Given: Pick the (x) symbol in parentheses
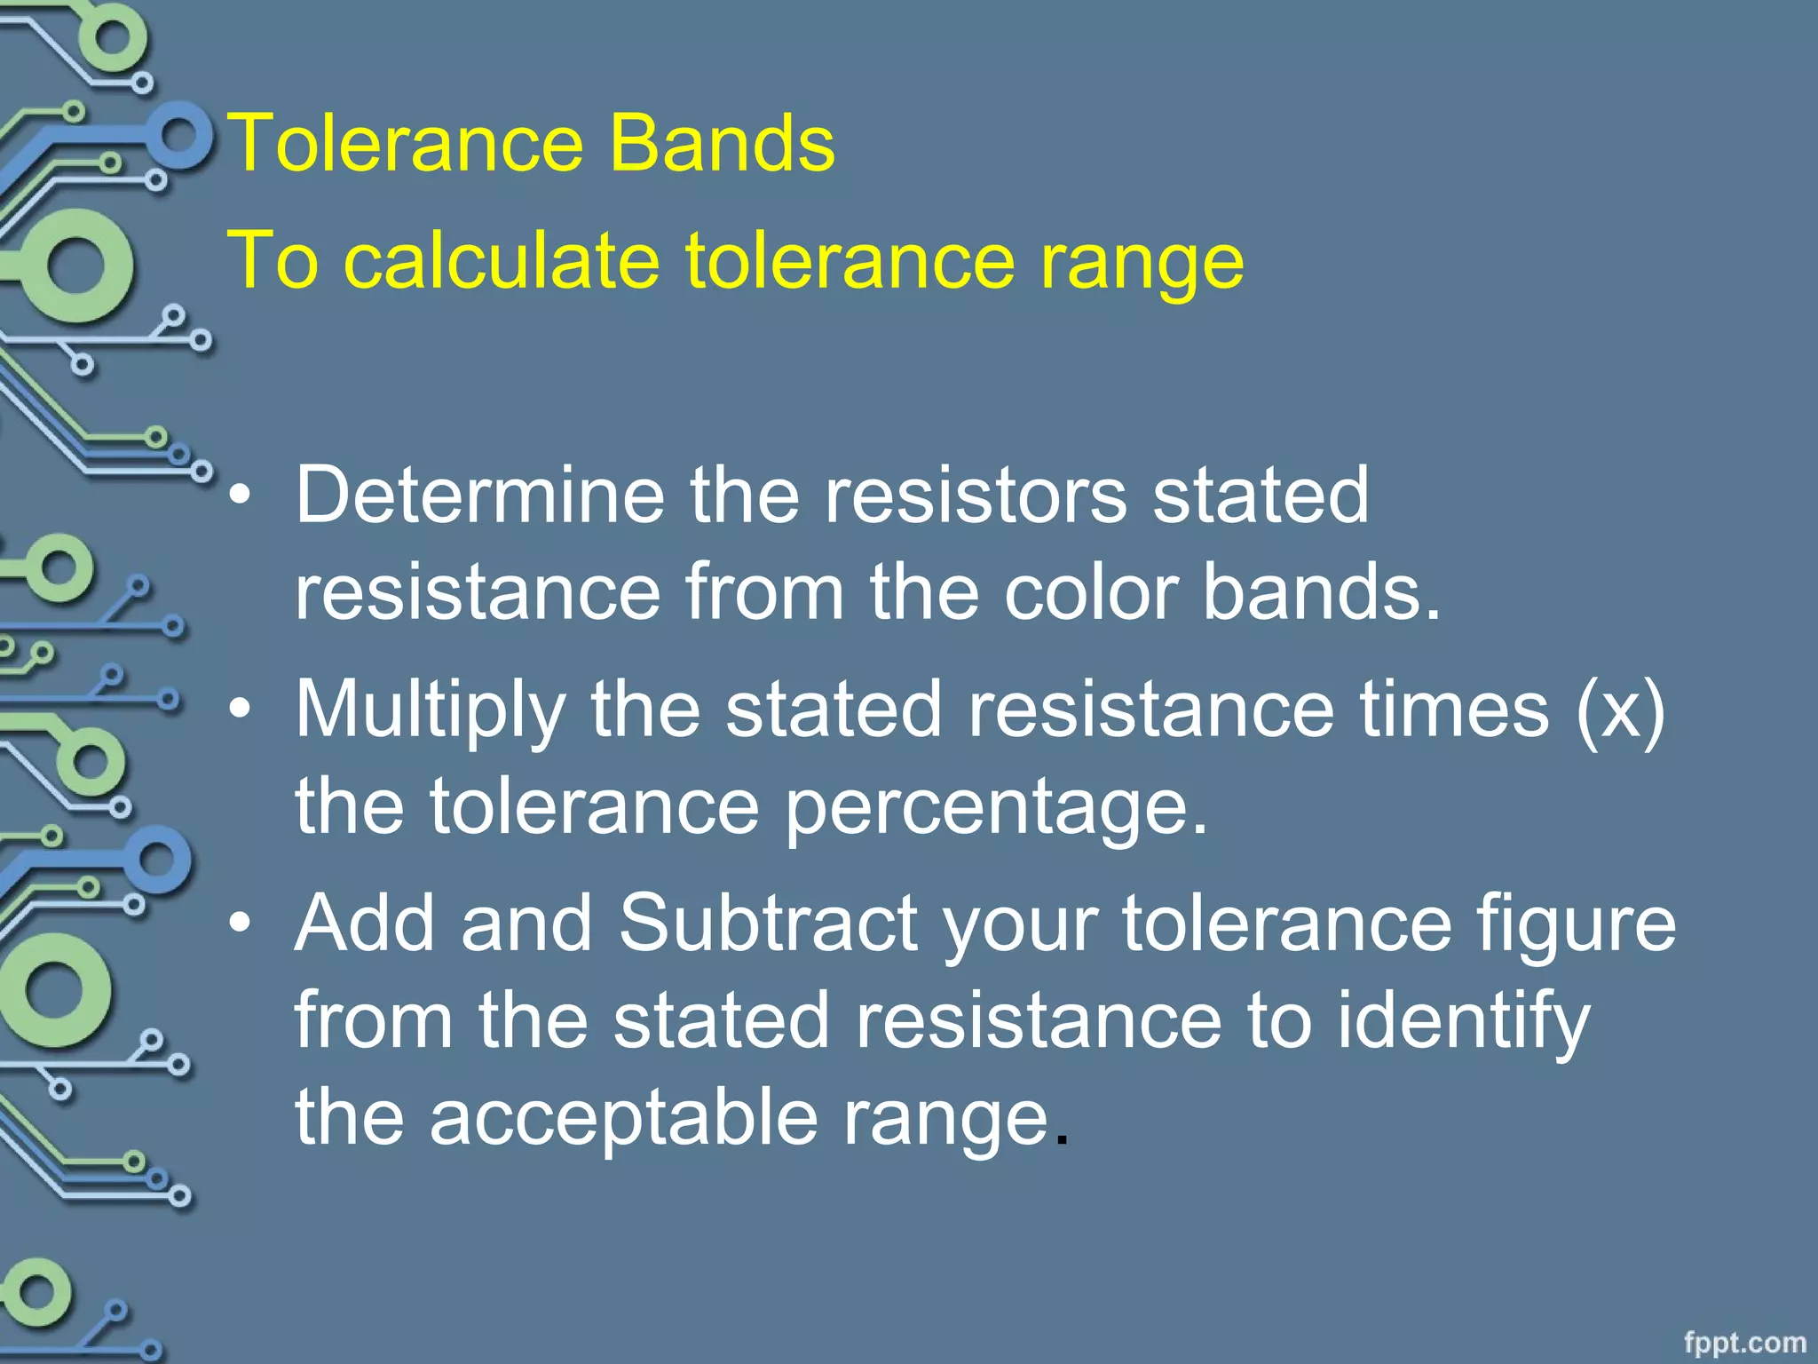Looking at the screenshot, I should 1620,709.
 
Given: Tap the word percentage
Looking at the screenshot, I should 995,806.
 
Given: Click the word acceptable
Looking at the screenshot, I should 623,1117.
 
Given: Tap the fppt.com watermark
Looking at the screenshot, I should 1744,1342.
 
